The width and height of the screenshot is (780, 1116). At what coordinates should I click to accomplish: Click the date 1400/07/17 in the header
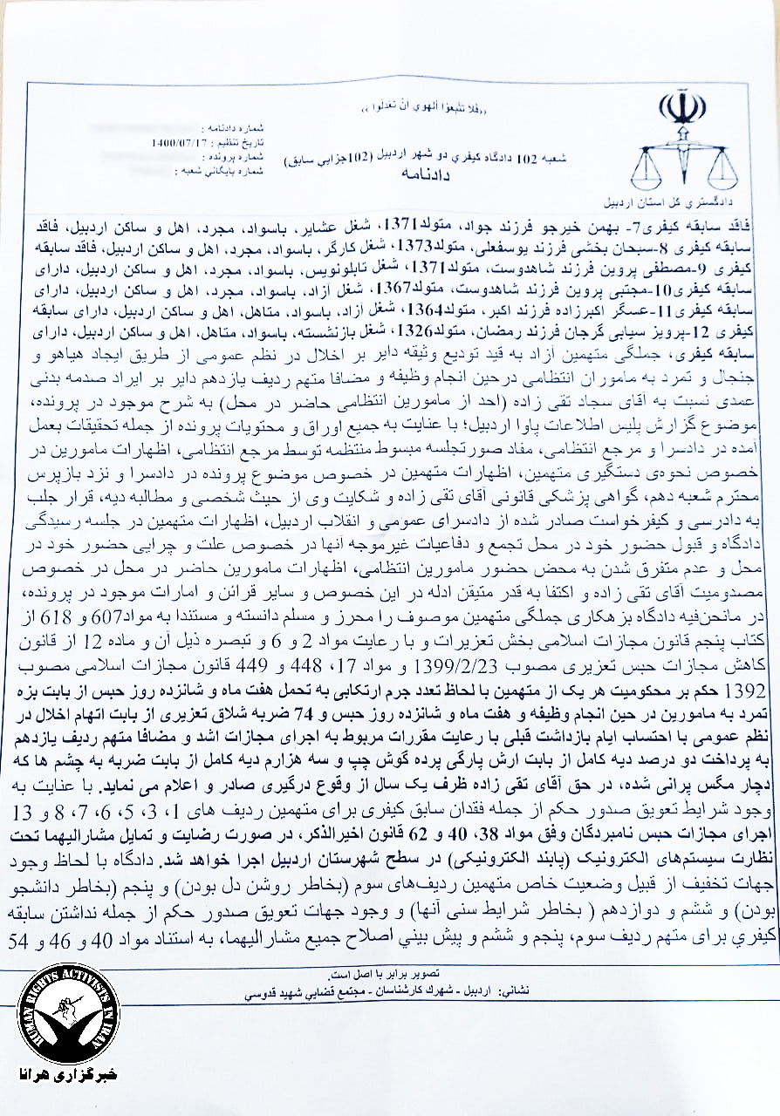coord(173,140)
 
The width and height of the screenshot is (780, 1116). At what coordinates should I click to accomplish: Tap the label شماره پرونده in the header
coord(222,151)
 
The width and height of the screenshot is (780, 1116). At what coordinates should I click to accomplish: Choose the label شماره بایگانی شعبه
coord(216,161)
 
